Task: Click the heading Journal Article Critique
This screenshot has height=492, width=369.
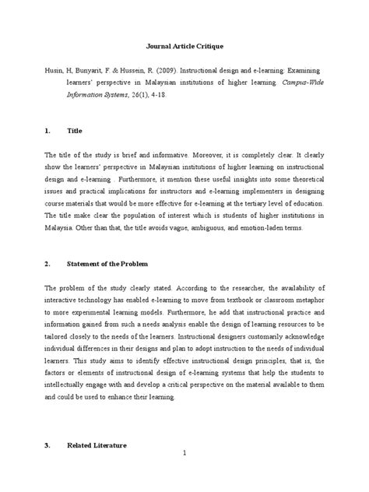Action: [184, 46]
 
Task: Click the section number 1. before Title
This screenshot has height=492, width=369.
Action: [50, 132]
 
